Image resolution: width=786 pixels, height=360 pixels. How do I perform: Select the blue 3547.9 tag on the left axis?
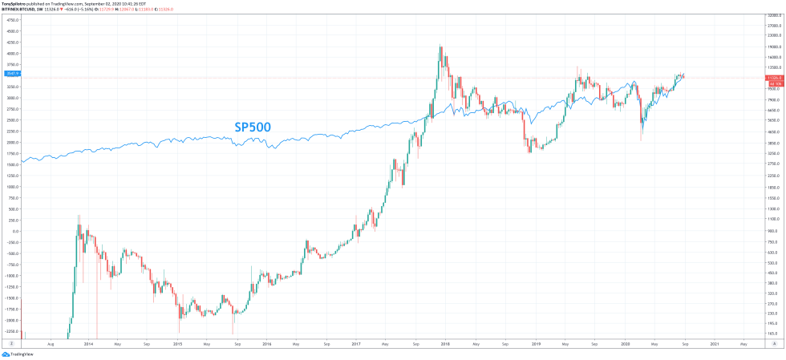click(12, 73)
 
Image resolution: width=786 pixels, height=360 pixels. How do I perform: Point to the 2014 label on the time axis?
click(88, 344)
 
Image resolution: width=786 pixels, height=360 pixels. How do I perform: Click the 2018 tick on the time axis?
click(444, 344)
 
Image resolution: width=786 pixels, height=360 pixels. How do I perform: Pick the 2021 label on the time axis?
click(714, 344)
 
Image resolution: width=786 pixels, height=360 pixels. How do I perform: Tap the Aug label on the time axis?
click(51, 344)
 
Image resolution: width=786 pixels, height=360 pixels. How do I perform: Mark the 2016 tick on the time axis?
click(266, 344)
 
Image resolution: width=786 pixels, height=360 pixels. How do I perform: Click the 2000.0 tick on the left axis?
click(12, 142)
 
